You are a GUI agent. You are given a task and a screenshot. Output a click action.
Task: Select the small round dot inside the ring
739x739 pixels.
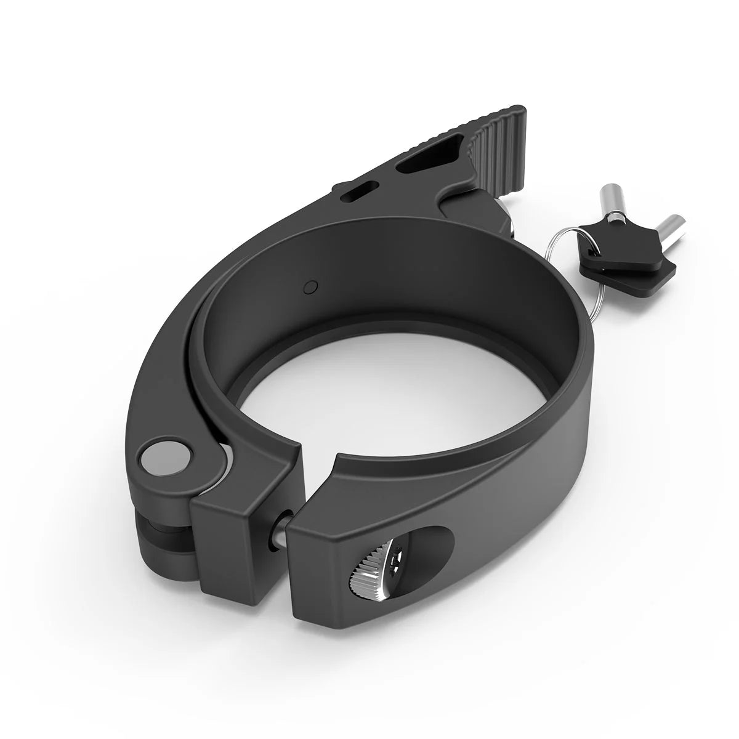pyautogui.click(x=311, y=286)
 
